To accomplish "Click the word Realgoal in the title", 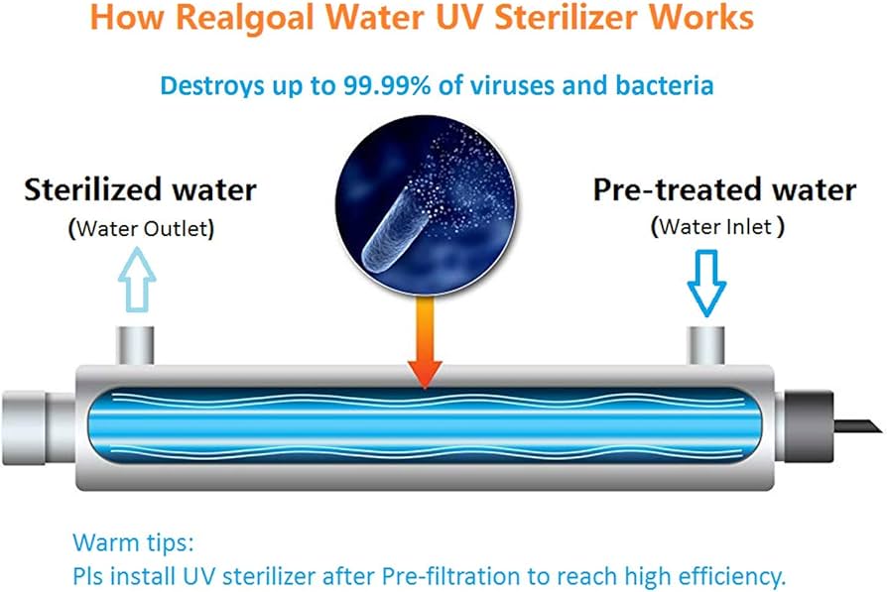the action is coord(245,18).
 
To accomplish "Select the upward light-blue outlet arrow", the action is coord(137,280).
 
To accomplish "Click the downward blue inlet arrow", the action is coord(706,283).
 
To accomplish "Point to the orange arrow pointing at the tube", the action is coord(425,343).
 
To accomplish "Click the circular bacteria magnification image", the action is coord(426,204).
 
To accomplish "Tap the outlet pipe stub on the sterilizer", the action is coord(135,346).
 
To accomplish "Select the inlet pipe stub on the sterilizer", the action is coord(706,346).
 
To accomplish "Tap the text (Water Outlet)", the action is coord(142,229).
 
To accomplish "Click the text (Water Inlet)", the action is coord(718,227).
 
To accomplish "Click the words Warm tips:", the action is coord(134,542).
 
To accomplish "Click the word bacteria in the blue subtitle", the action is coord(665,86).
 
